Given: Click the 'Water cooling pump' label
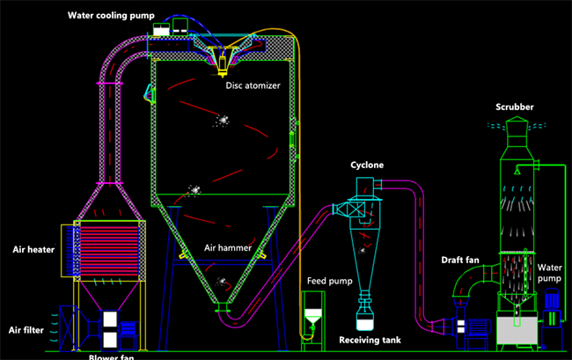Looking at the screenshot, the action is pyautogui.click(x=111, y=15).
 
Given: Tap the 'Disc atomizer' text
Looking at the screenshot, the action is pyautogui.click(x=253, y=85).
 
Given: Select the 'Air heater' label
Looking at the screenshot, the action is pyautogui.click(x=33, y=249).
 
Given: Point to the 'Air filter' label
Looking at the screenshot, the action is pyautogui.click(x=26, y=330).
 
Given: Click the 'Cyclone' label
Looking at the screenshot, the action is pyautogui.click(x=367, y=165).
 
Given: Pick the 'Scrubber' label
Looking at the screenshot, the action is pyautogui.click(x=515, y=107).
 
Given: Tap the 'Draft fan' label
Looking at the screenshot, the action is pyautogui.click(x=460, y=260).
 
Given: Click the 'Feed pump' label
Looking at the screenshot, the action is pyautogui.click(x=330, y=281).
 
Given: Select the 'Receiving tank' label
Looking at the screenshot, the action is pyautogui.click(x=370, y=340).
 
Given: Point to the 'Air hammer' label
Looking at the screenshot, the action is pyautogui.click(x=228, y=248).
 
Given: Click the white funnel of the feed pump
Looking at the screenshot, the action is pyautogui.click(x=313, y=316).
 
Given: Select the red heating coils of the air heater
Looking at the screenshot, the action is pyautogui.click(x=109, y=251).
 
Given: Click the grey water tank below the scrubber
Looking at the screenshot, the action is pyautogui.click(x=517, y=330).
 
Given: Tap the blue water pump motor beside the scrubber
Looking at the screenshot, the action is pyautogui.click(x=552, y=298).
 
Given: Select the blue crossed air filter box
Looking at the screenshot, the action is pyautogui.click(x=69, y=327).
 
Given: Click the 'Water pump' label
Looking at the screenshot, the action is pyautogui.click(x=549, y=273).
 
